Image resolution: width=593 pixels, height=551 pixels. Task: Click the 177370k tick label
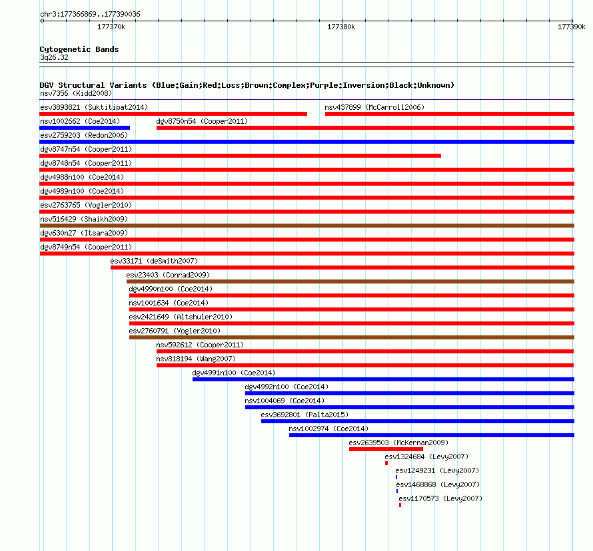pos(111,27)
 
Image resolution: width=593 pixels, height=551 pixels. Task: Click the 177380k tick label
pos(341,27)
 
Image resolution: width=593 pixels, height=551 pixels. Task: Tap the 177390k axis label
pos(572,27)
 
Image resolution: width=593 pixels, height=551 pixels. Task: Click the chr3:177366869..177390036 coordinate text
pos(90,15)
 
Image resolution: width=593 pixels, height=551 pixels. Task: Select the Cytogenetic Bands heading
pos(79,49)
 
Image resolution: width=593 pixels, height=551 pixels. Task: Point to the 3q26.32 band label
pos(54,57)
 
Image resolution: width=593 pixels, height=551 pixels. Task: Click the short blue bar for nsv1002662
pos(85,128)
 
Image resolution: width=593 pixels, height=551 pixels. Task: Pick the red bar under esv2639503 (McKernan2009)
pos(386,449)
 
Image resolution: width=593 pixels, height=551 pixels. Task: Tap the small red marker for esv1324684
pos(386,463)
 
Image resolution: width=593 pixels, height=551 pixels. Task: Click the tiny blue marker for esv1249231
pos(396,477)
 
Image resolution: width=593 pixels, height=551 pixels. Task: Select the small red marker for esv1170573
pos(400,505)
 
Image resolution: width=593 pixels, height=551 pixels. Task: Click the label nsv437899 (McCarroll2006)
pos(374,107)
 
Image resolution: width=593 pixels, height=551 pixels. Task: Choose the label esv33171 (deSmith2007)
pos(154,261)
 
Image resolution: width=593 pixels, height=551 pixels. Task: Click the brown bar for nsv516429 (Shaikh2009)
pos(306,226)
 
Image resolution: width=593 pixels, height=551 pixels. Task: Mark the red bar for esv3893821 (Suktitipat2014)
pos(173,114)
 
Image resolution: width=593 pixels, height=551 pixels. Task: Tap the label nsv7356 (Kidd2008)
pos(76,93)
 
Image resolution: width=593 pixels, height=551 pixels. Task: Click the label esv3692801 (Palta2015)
pos(304,415)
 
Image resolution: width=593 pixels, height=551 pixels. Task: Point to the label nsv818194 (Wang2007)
pos(196,359)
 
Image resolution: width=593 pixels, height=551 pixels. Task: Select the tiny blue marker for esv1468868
pos(397,491)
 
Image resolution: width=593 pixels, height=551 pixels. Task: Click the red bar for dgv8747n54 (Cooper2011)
pos(240,156)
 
